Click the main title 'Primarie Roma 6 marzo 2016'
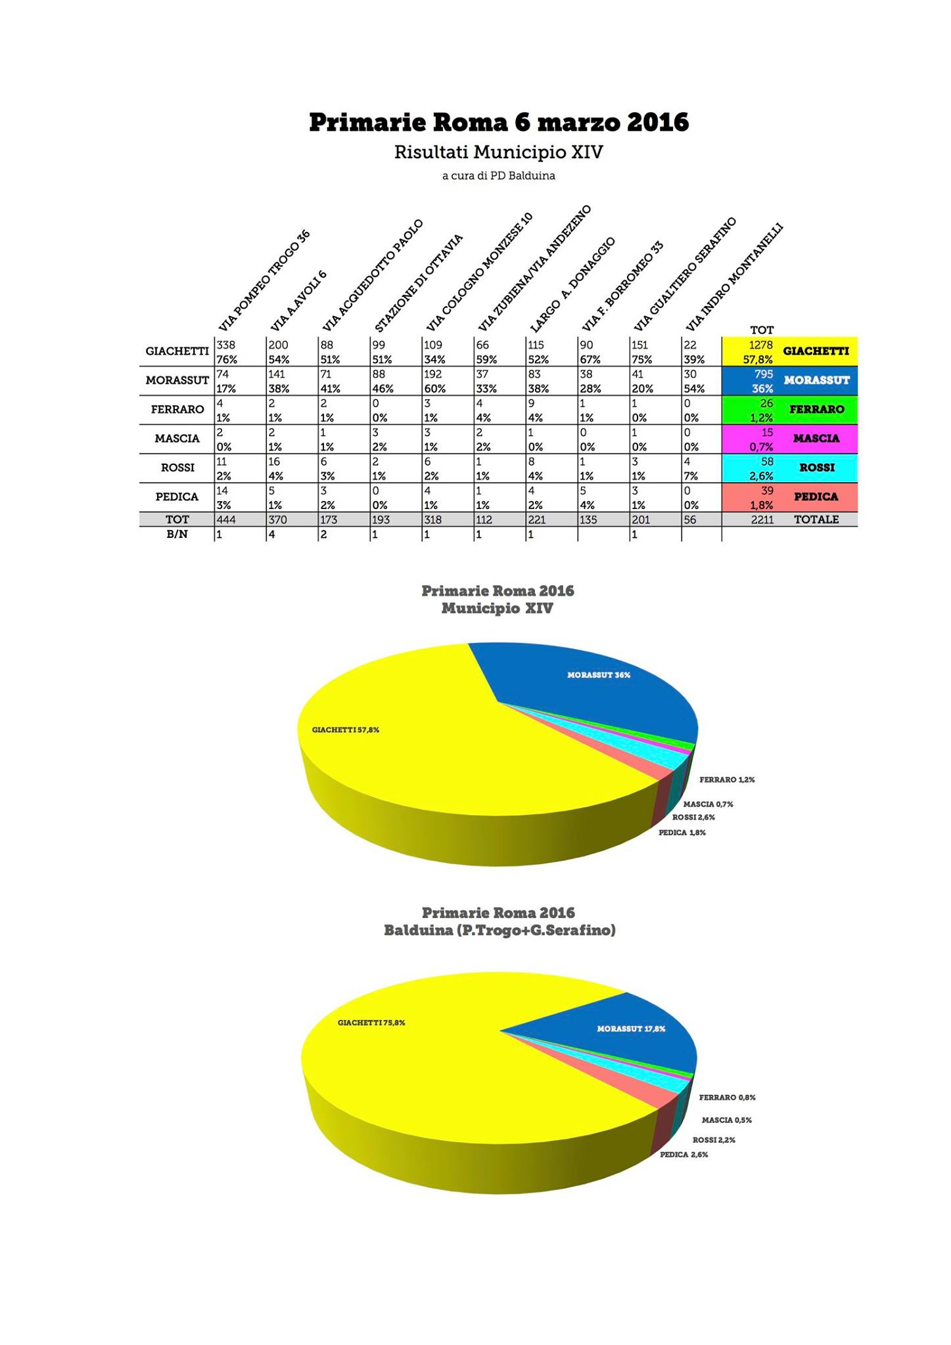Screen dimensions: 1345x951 (499, 122)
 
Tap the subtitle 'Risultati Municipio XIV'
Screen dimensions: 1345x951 (498, 152)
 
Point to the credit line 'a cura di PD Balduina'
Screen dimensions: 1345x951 (498, 176)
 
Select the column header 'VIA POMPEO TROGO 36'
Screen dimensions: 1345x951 (264, 281)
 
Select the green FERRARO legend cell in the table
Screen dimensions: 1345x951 (816, 409)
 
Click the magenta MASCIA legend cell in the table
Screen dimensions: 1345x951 (816, 438)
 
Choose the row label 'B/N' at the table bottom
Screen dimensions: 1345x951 (177, 535)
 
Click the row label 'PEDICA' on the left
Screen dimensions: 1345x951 (177, 497)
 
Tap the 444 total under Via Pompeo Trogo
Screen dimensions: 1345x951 (226, 519)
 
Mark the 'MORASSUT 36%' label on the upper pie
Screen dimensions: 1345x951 (599, 675)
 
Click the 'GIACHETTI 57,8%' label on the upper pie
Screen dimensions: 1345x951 (346, 730)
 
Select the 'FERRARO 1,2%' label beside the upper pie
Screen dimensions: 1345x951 (727, 780)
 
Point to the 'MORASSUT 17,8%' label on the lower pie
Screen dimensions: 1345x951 (631, 1028)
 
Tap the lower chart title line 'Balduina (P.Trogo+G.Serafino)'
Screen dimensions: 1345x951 (499, 930)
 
